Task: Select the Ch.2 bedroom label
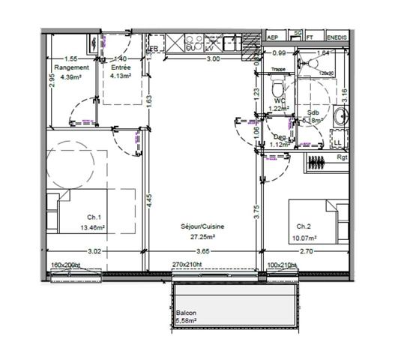click(x=304, y=226)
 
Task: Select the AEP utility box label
click(x=273, y=35)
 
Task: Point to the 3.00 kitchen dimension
click(x=213, y=58)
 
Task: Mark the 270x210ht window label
click(x=188, y=265)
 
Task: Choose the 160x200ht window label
click(x=66, y=265)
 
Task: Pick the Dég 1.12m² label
click(x=280, y=141)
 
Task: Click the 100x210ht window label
click(x=283, y=265)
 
